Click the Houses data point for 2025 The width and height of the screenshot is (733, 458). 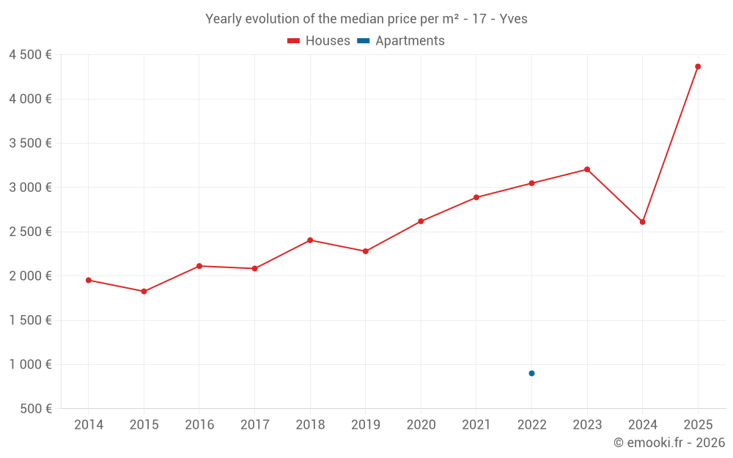[698, 67]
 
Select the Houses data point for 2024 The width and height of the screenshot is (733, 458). [642, 222]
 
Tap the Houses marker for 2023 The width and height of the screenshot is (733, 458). [587, 169]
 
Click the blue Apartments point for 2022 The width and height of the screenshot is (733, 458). [531, 374]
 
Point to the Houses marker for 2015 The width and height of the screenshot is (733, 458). [144, 292]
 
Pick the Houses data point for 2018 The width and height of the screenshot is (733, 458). [310, 240]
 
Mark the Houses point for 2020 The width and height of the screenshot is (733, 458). [421, 221]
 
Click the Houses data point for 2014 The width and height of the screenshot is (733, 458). [89, 280]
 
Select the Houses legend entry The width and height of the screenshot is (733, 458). [319, 41]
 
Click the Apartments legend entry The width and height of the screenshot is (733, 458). [401, 41]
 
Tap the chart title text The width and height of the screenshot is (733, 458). [366, 19]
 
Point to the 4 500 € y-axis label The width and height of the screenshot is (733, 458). [30, 55]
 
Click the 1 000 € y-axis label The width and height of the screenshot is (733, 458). [30, 364]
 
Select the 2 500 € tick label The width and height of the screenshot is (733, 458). [30, 232]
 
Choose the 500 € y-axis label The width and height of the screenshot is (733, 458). [35, 409]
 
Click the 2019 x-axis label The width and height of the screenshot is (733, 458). [365, 425]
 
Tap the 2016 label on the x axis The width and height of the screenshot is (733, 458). [199, 425]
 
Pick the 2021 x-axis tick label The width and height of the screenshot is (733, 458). [476, 425]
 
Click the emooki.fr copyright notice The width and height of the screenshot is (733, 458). [669, 443]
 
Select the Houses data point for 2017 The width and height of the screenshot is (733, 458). [254, 268]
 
